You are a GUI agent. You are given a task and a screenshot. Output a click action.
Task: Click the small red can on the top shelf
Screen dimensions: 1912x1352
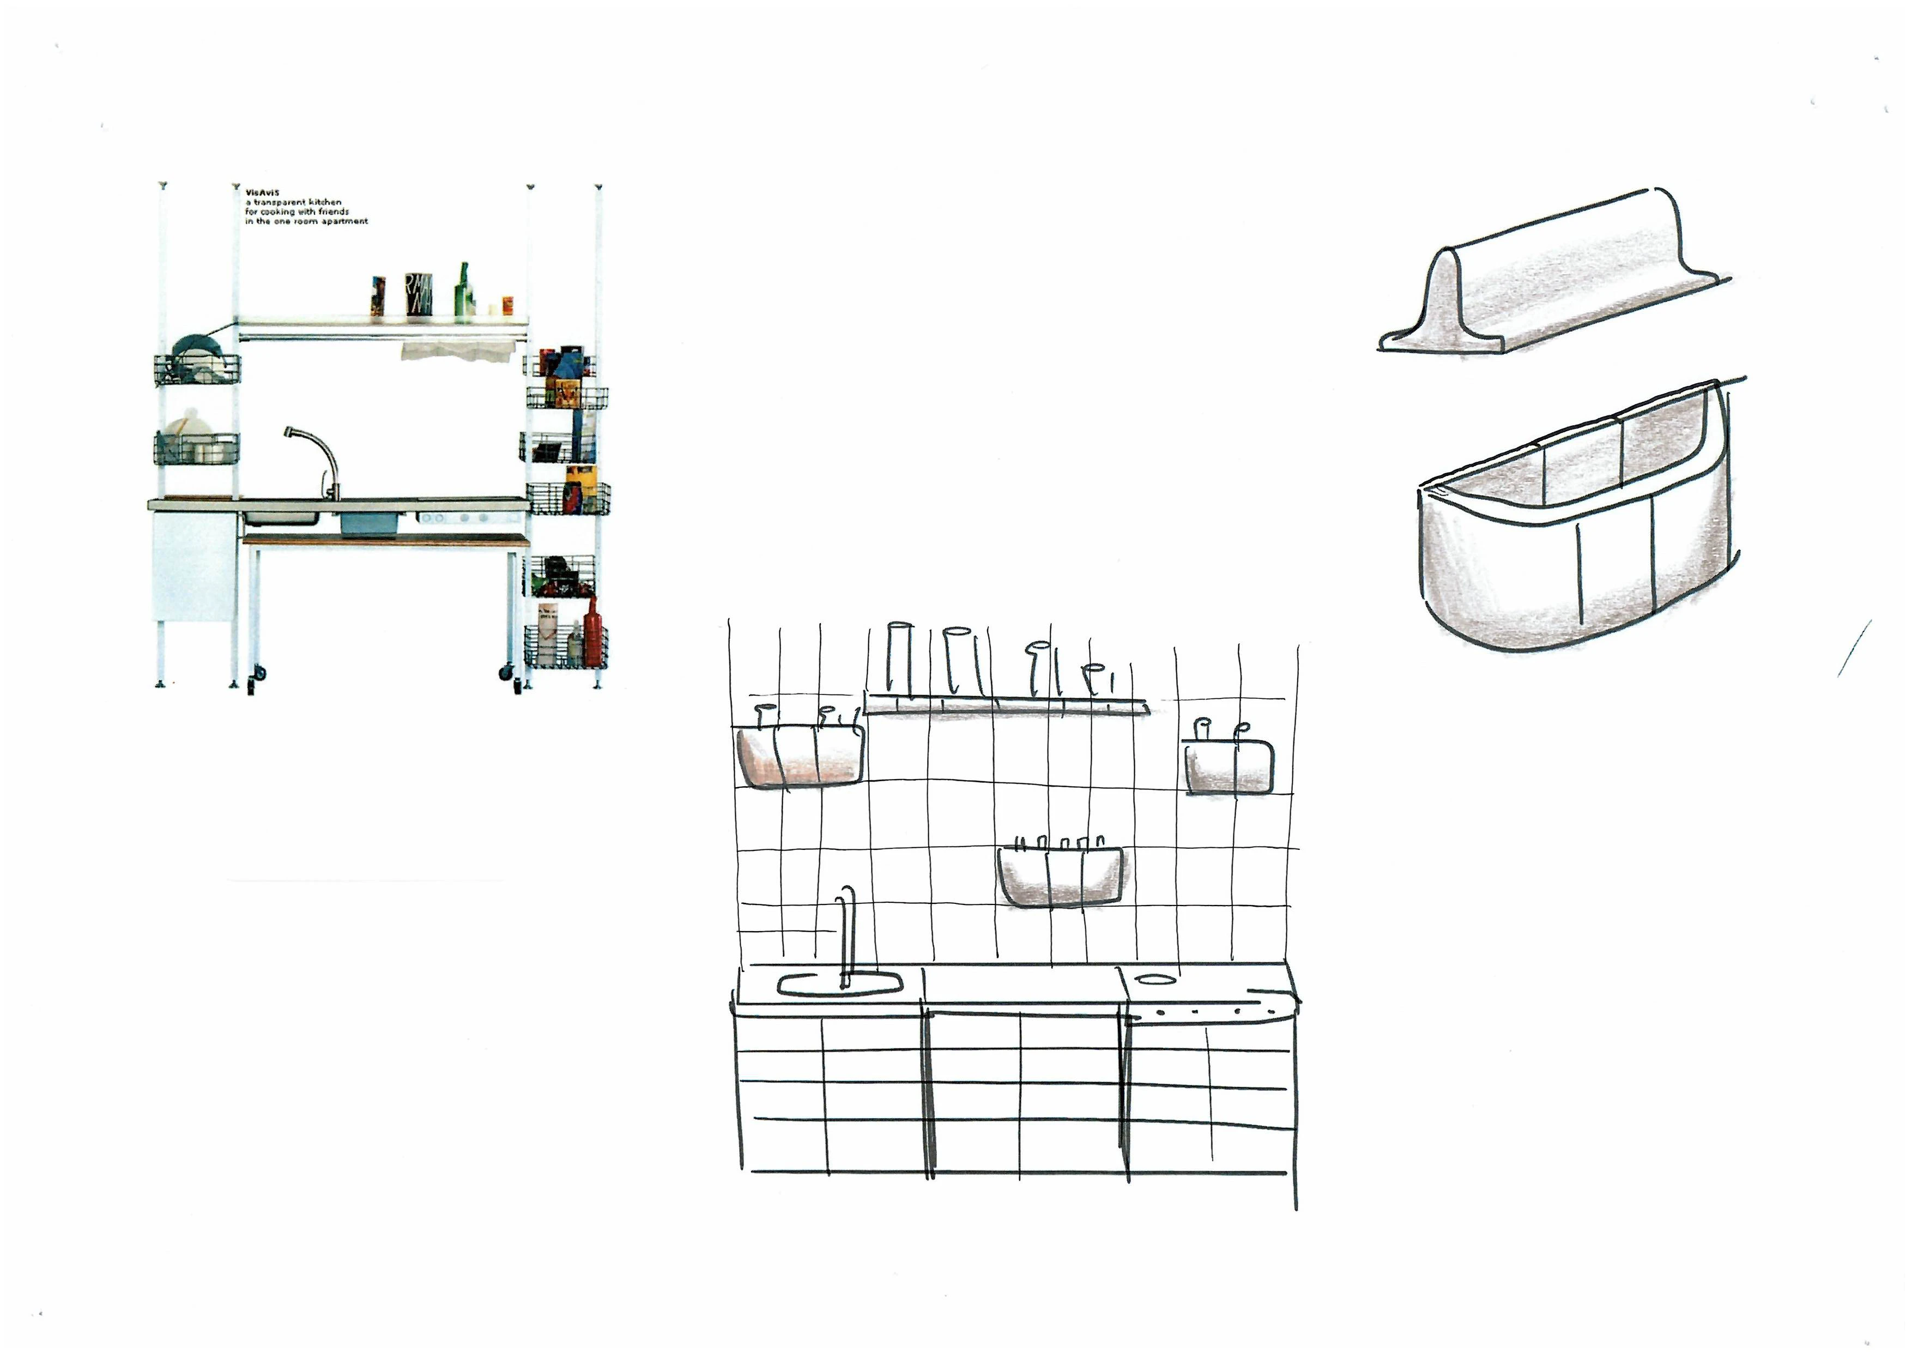[507, 306]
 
